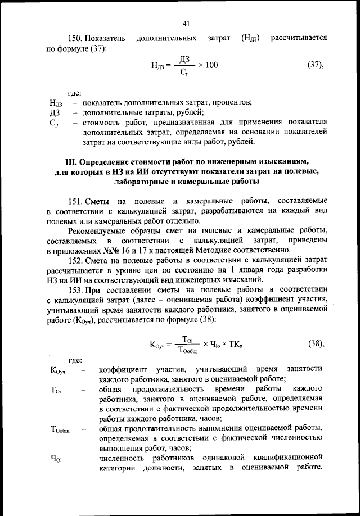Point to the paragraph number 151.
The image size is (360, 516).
click(75, 201)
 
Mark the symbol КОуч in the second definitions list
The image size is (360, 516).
click(58, 370)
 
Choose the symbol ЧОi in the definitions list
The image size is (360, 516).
click(56, 459)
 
